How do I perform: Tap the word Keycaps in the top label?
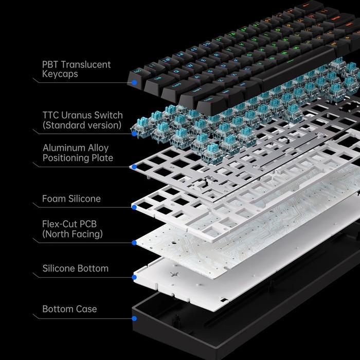click(x=60, y=74)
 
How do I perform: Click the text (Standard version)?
click(x=82, y=125)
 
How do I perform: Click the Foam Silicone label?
click(x=71, y=199)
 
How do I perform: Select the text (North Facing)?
click(x=73, y=235)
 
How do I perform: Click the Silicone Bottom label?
click(x=75, y=268)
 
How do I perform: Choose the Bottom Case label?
click(x=69, y=309)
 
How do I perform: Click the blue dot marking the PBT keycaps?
click(x=134, y=82)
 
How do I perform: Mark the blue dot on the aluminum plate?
click(x=134, y=167)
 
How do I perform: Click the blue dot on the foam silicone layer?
click(x=134, y=207)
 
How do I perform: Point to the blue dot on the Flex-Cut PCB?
click(x=134, y=243)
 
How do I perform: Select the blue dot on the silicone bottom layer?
click(x=134, y=277)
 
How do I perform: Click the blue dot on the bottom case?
click(x=134, y=318)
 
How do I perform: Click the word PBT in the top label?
click(x=50, y=65)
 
